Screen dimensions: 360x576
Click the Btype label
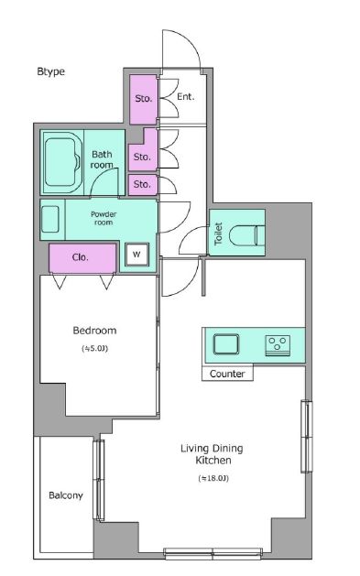[50, 71]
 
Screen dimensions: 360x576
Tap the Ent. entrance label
[186, 97]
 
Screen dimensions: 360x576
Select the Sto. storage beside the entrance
[143, 99]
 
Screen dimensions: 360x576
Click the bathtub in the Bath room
[62, 162]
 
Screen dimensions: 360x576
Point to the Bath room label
[102, 159]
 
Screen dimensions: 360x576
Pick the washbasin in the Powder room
[50, 219]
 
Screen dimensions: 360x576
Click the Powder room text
[104, 218]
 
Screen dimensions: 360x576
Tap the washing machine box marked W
[136, 255]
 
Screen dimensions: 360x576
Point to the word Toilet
[219, 234]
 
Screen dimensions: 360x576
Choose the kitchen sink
[226, 344]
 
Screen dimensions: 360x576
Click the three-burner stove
[278, 345]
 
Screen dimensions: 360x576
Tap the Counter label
[227, 374]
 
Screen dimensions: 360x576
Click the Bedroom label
[94, 331]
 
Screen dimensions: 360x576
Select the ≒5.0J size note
[94, 348]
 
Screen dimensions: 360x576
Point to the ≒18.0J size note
[213, 478]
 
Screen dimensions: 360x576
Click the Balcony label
[66, 495]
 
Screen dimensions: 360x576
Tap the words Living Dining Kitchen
[212, 454]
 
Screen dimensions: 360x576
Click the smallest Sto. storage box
[143, 185]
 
